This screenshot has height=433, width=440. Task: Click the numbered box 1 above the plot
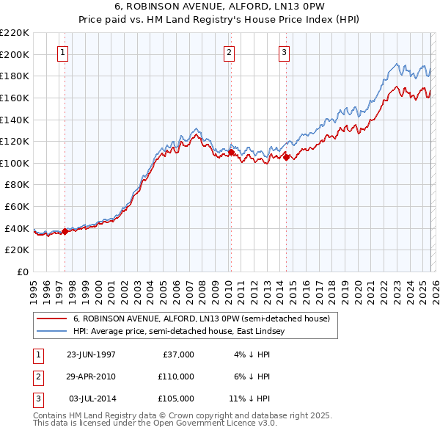tap(63, 52)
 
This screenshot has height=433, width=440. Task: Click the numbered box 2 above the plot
tap(230, 52)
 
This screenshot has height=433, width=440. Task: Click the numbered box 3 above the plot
tap(284, 52)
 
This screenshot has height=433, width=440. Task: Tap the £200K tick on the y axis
tap(16, 54)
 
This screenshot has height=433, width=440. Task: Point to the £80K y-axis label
tap(18, 185)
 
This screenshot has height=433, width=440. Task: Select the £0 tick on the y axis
tap(23, 272)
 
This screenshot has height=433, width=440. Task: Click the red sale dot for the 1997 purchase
tap(65, 231)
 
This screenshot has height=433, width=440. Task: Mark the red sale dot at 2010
tap(231, 152)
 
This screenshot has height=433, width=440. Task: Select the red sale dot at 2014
tap(285, 157)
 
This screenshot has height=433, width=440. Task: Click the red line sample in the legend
tap(52, 319)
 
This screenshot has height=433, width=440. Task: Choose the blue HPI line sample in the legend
tap(52, 332)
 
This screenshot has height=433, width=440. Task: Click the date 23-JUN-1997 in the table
tap(91, 354)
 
